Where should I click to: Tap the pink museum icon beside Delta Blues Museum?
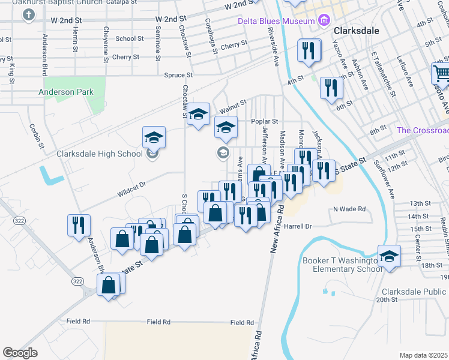324,21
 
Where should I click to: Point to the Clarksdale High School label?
100,154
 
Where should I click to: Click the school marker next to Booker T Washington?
389,257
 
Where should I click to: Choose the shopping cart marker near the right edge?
441,74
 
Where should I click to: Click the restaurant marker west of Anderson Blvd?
79,226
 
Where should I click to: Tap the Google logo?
20,353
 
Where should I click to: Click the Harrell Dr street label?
299,227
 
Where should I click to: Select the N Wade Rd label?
349,209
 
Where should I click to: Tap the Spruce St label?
178,76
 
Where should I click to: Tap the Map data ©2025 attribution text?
423,355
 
